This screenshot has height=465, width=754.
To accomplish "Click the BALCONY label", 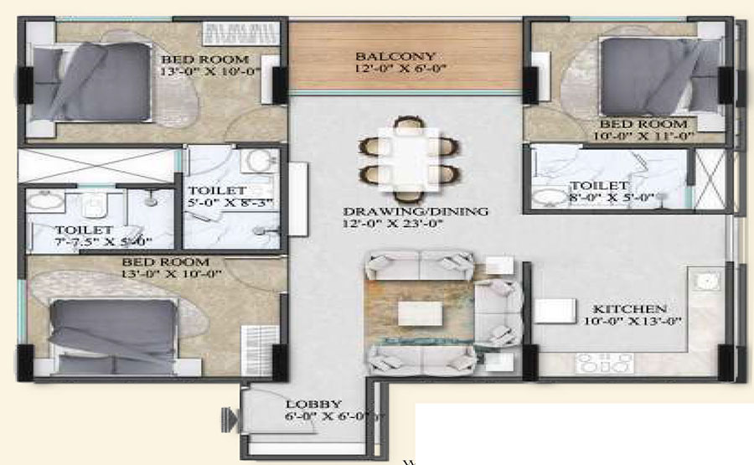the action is point(395,57).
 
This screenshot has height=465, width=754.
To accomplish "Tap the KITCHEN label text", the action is point(630,308).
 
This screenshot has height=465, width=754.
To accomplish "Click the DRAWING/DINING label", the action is point(416,211).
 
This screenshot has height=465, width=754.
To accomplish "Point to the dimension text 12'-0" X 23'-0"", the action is point(392,224).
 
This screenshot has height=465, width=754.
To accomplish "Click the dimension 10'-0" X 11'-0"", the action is point(643,136).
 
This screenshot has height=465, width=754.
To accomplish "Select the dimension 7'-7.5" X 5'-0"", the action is point(103,241).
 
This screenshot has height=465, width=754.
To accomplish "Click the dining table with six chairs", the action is point(408,158).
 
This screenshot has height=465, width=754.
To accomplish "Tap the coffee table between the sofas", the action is point(420,313).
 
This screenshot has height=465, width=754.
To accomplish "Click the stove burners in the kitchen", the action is point(604,364).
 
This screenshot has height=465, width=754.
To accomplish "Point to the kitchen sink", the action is point(706,282).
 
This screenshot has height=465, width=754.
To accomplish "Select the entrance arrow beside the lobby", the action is point(230,419).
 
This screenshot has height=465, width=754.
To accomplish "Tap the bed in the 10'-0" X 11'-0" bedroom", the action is point(660,77).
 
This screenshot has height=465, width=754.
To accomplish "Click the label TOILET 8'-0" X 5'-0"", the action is point(612,191).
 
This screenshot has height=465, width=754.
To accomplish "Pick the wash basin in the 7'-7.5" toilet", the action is point(44,200).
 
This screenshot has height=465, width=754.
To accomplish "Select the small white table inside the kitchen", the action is point(555,311).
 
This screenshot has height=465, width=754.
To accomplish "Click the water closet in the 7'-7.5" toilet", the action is point(93,206).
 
